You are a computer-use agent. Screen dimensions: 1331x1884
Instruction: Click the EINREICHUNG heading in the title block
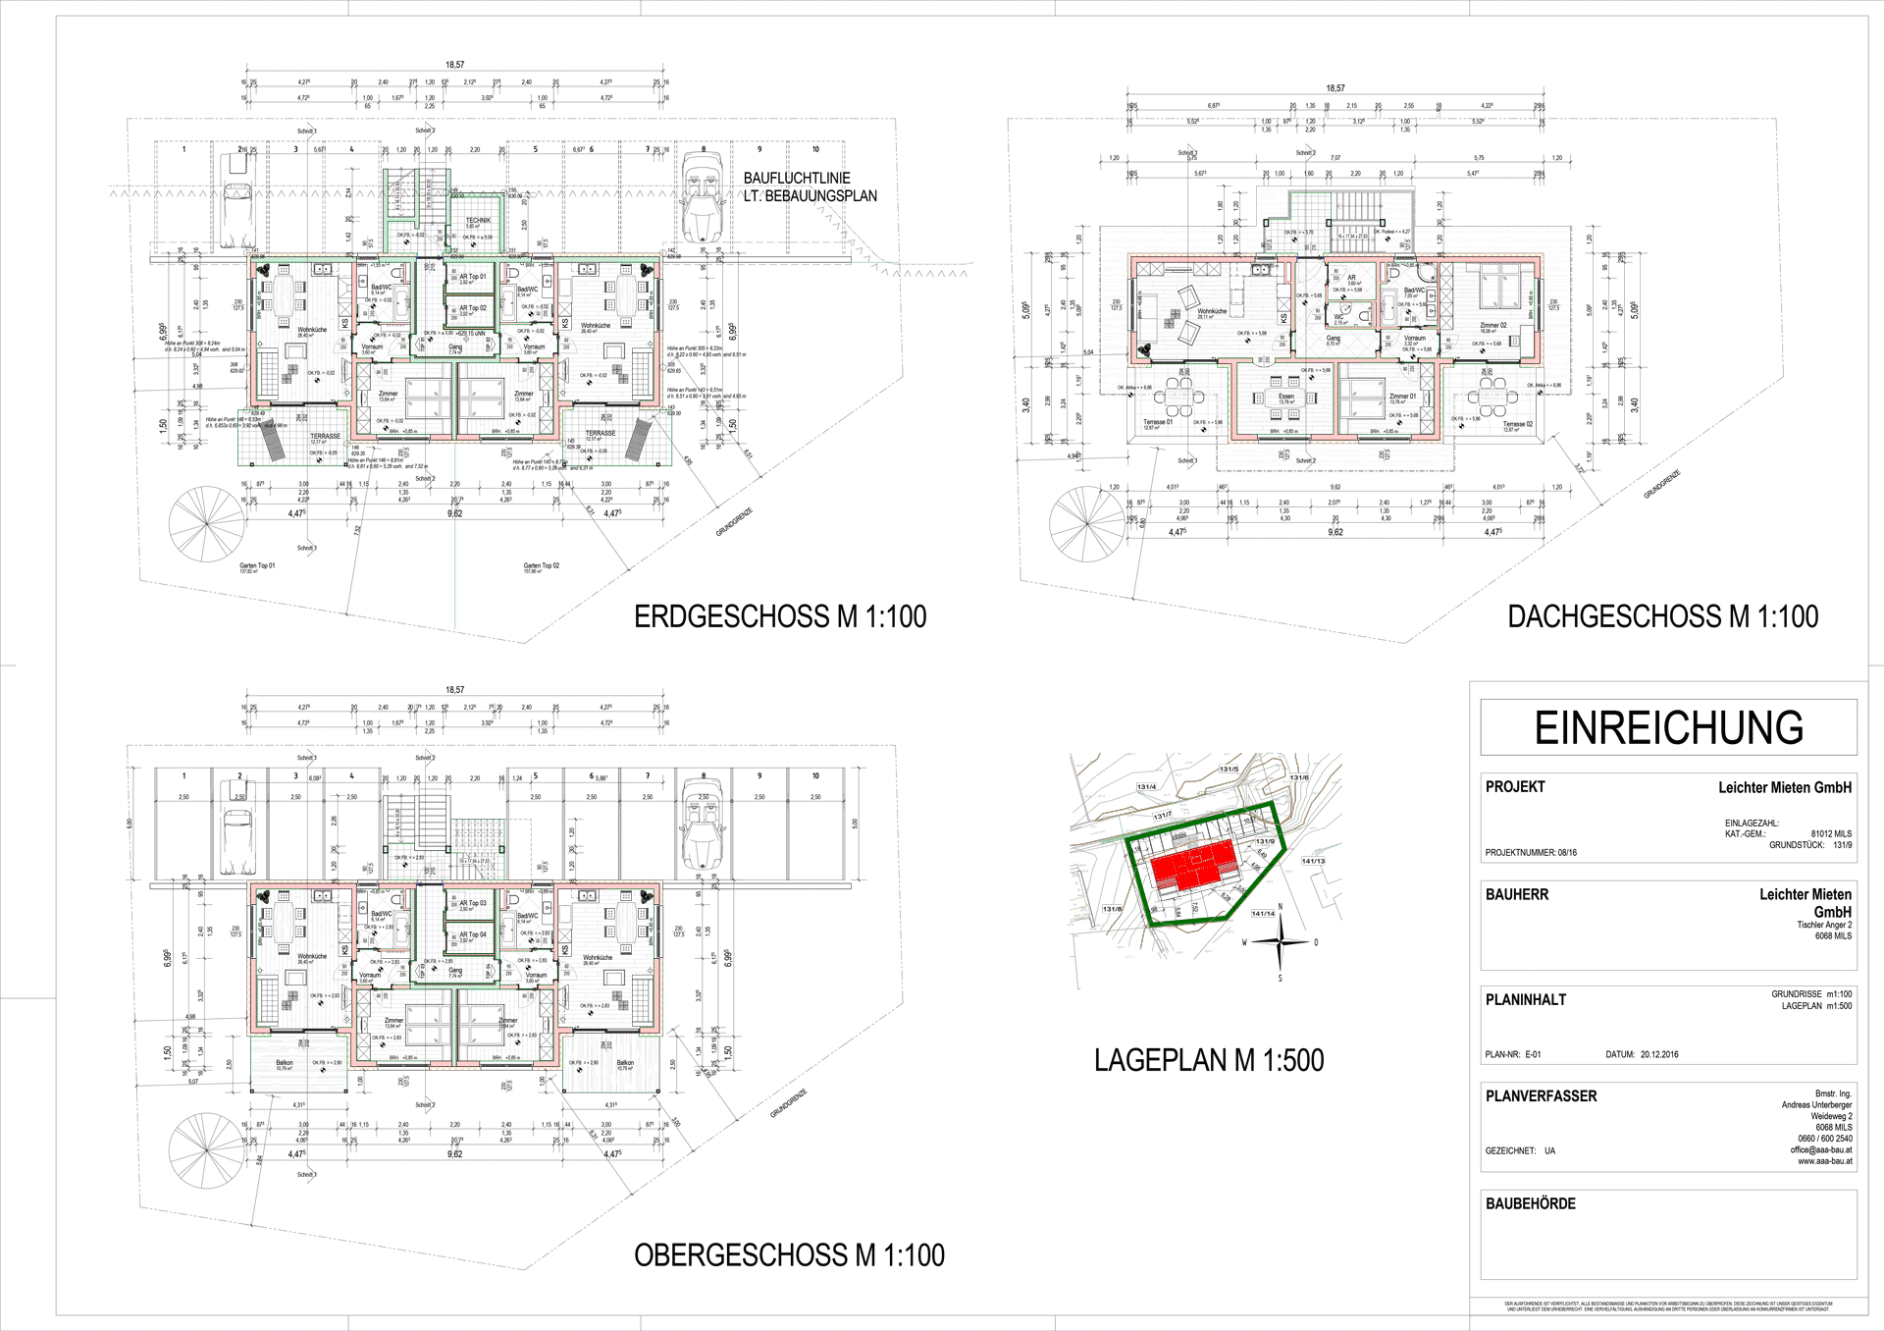(x=1668, y=728)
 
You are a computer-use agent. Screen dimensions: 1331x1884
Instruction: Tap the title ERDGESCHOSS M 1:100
(x=780, y=616)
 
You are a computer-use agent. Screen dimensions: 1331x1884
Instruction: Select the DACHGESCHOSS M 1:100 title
(x=1662, y=616)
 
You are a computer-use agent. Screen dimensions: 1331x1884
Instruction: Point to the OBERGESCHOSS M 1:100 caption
(x=789, y=1254)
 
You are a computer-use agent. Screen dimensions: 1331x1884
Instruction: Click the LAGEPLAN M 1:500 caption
(x=1209, y=1060)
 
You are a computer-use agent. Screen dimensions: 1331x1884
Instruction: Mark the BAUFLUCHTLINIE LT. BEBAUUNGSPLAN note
(x=810, y=186)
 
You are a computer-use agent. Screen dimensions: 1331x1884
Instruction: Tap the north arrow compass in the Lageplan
(x=1281, y=942)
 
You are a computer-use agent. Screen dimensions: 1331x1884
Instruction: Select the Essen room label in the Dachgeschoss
(x=1286, y=398)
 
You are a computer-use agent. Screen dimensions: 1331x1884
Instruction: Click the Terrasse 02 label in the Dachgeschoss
(x=1517, y=425)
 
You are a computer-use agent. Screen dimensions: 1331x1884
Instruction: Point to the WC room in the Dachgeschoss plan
(x=1340, y=318)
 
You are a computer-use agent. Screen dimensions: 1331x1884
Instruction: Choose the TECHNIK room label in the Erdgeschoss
(x=478, y=221)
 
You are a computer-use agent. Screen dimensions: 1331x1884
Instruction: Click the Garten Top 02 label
(x=541, y=566)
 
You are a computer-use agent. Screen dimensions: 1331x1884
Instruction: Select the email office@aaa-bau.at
(x=1820, y=1149)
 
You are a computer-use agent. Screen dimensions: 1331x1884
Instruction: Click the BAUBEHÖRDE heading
(x=1530, y=1203)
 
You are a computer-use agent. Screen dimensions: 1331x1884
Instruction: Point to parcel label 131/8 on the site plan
(x=1112, y=909)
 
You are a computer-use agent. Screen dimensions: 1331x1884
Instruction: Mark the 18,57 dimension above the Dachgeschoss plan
(x=1334, y=88)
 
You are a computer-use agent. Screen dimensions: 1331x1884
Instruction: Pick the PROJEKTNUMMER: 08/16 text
(x=1531, y=852)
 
